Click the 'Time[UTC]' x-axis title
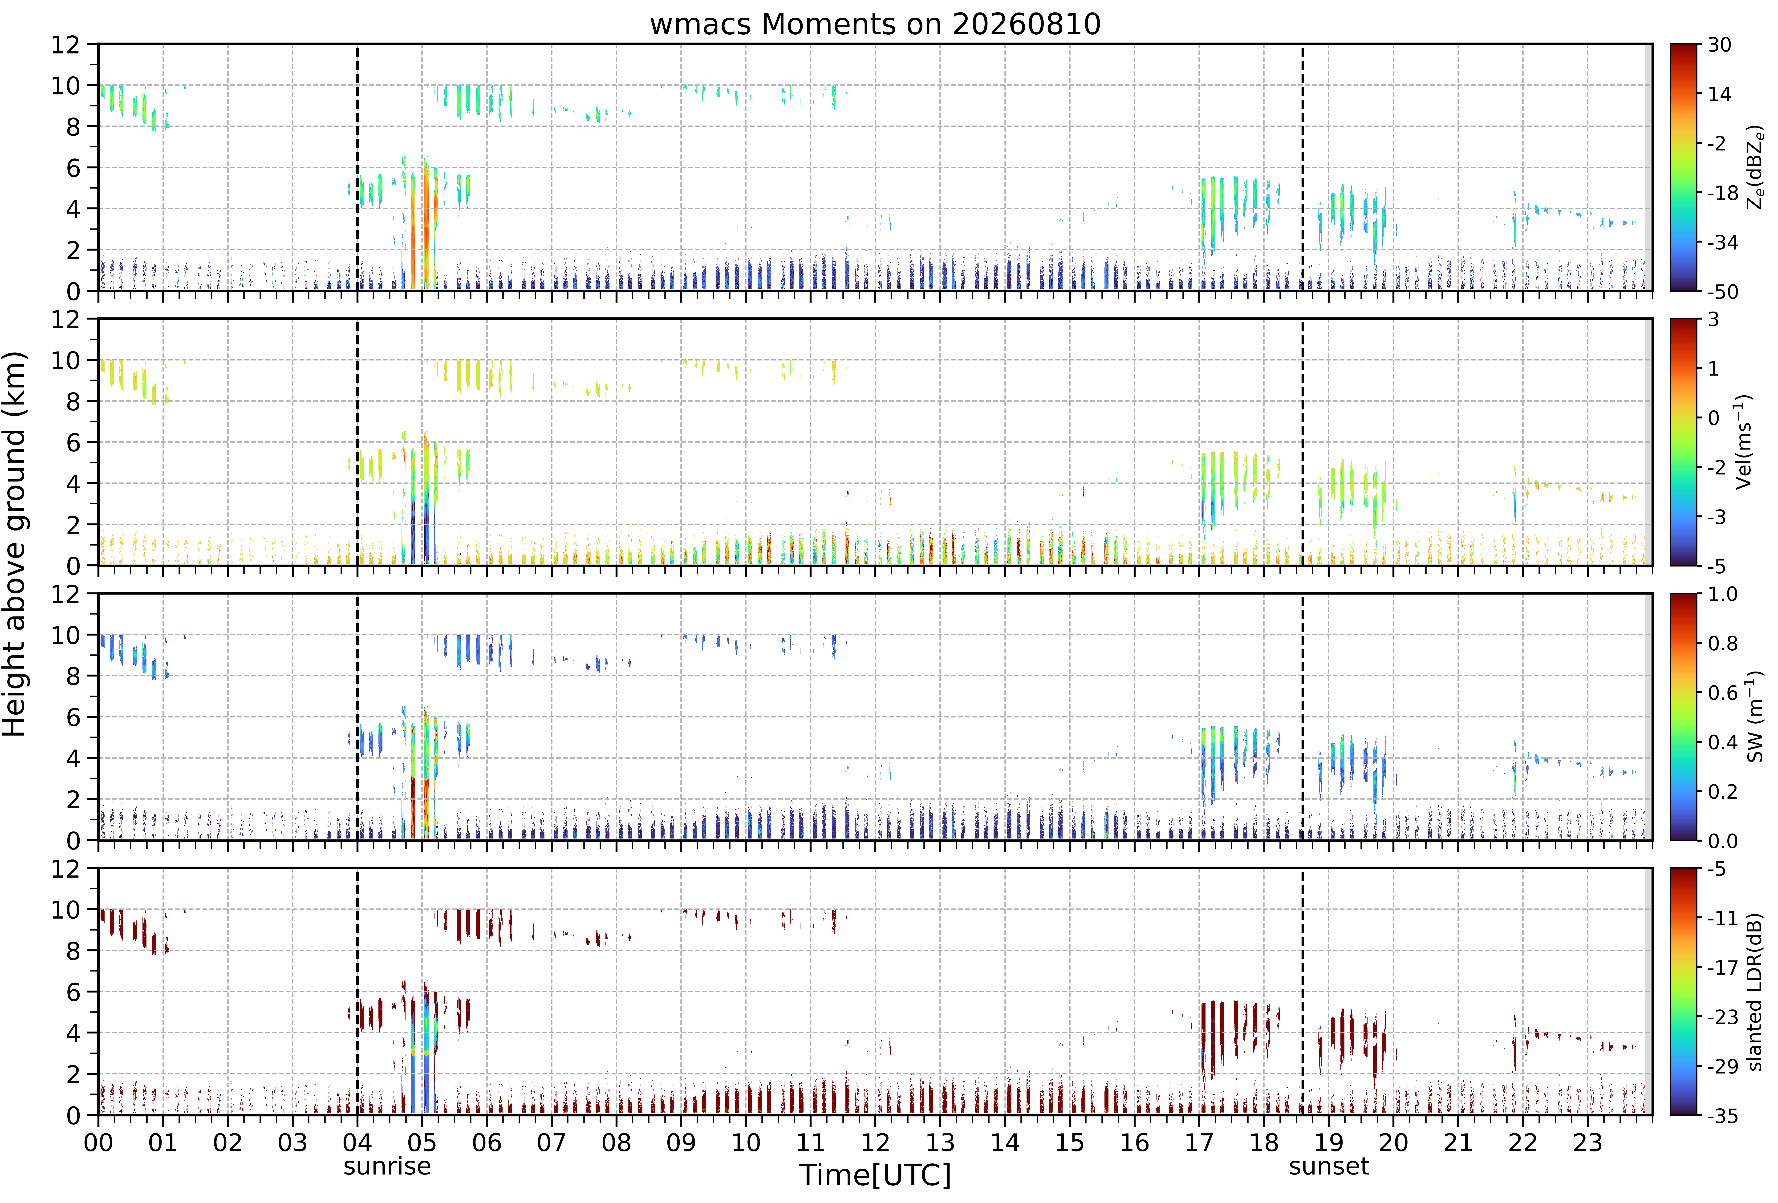(875, 1175)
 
